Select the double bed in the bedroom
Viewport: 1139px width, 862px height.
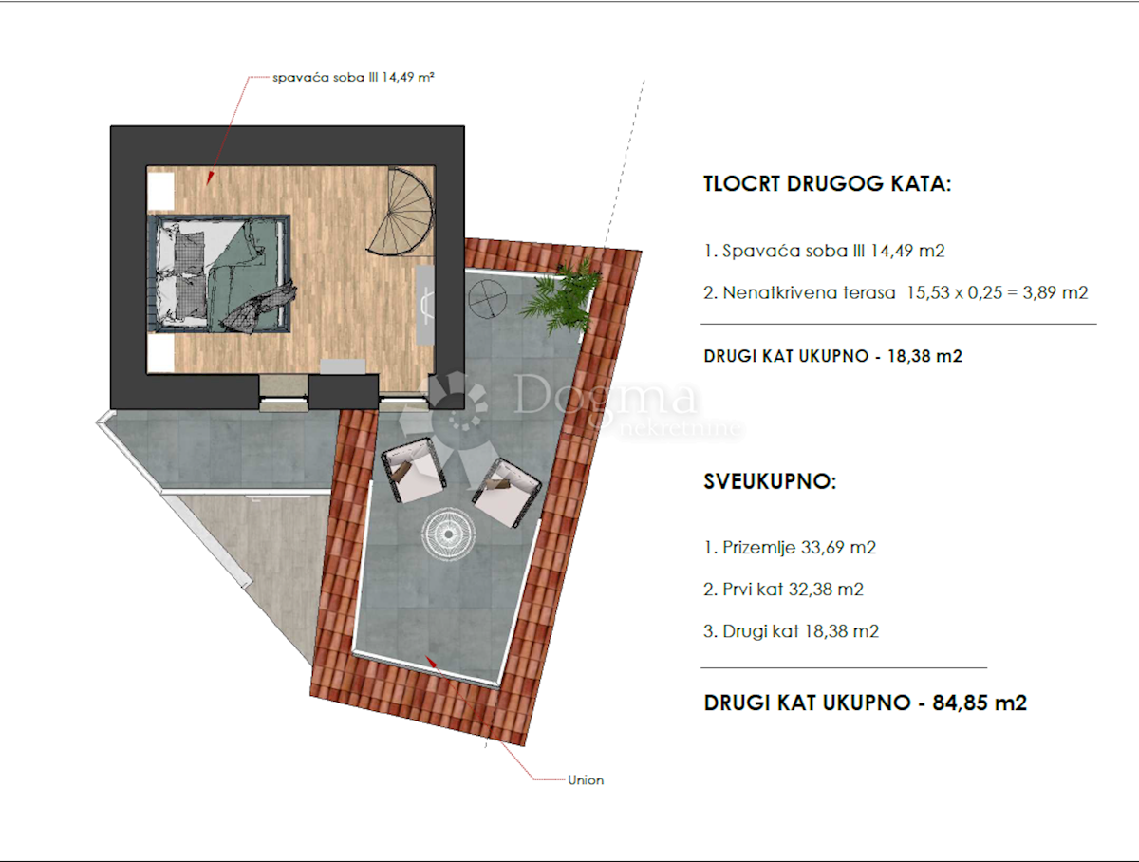coord(218,273)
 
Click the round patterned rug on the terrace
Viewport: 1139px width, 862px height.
coord(448,534)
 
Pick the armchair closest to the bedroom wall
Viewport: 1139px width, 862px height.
coord(414,470)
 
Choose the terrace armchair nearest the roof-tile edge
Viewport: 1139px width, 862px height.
coord(507,493)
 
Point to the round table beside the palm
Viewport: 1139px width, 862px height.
coord(487,298)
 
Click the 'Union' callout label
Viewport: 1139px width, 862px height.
coord(586,780)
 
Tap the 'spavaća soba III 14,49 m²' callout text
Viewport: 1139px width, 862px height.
coord(353,77)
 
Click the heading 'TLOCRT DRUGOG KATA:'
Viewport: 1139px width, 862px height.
coord(827,184)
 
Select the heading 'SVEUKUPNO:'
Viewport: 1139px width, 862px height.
coord(770,481)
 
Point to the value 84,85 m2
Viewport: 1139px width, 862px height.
coord(980,703)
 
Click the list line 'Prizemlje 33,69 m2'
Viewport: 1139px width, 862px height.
coord(790,547)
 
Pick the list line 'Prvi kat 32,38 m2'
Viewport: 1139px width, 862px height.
coord(784,589)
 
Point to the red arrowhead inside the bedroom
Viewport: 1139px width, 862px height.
coord(210,178)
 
